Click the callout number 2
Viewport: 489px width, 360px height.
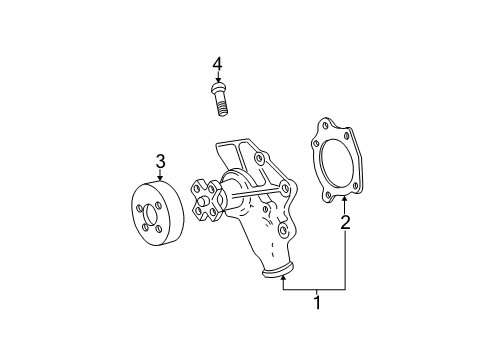346,222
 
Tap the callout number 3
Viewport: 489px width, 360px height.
160,160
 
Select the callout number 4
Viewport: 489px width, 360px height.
216,65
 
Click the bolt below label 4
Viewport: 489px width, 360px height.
217,99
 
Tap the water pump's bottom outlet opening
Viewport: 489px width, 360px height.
280,272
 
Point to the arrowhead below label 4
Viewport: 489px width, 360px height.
216,82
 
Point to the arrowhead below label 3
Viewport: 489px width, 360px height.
160,177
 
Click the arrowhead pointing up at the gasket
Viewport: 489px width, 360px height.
346,200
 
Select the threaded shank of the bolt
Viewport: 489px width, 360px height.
218,107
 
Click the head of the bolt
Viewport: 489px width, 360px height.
216,91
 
